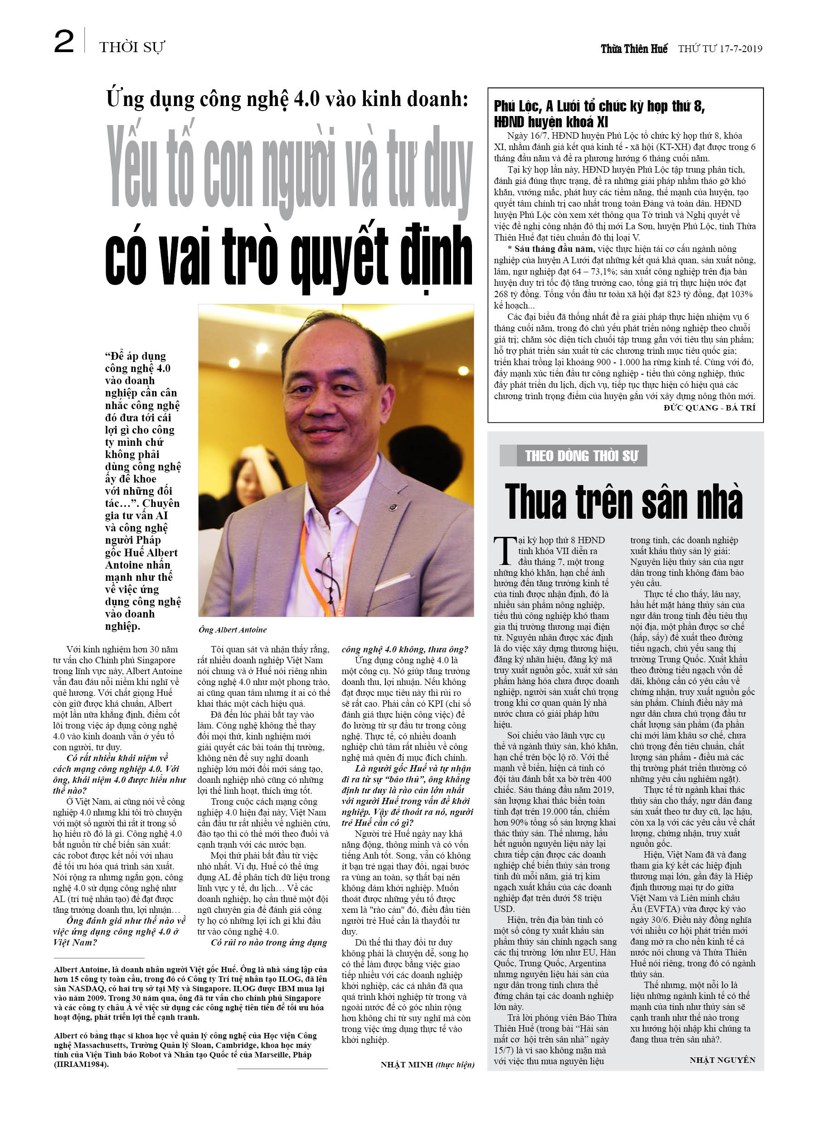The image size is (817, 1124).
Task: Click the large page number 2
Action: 64,42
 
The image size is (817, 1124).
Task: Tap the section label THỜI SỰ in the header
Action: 131,48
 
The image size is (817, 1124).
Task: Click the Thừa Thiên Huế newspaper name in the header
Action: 634,48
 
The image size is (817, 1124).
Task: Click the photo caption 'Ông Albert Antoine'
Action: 233,630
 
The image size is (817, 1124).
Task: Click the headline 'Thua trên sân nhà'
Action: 623,502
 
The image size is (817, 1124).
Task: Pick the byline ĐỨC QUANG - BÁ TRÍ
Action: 710,407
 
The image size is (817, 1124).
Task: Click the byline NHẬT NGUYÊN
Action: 722,1060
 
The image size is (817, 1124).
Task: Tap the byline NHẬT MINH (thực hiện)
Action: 427,1065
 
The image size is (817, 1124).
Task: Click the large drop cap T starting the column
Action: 505,550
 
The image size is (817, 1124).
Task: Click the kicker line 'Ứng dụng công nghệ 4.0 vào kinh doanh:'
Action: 287,99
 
